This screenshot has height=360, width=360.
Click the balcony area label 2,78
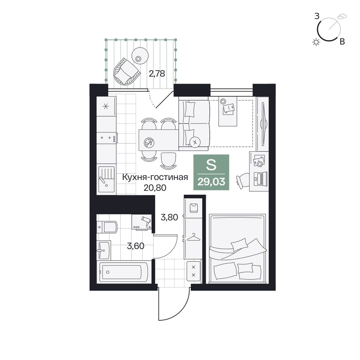tap(157, 74)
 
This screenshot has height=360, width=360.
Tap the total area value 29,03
tap(211, 182)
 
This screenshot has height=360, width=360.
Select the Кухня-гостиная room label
tap(155, 177)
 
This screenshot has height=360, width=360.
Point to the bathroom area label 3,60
tap(136, 246)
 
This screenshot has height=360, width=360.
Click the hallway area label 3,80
tap(170, 217)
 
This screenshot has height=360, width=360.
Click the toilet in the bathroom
tap(107, 227)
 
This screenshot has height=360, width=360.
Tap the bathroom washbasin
tap(104, 250)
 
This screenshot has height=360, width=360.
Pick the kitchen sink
tap(106, 179)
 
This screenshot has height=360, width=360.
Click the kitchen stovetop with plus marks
tap(106, 138)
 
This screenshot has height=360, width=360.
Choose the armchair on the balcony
tap(126, 71)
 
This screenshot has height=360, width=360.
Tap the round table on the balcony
tap(139, 56)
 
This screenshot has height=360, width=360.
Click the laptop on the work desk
tap(261, 179)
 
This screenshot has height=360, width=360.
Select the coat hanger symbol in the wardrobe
tap(194, 237)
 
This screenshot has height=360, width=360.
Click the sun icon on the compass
tap(316, 42)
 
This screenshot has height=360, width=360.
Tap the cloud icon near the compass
tap(342, 16)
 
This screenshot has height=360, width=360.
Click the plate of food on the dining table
tap(149, 143)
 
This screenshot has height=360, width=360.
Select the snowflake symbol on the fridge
tap(105, 106)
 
